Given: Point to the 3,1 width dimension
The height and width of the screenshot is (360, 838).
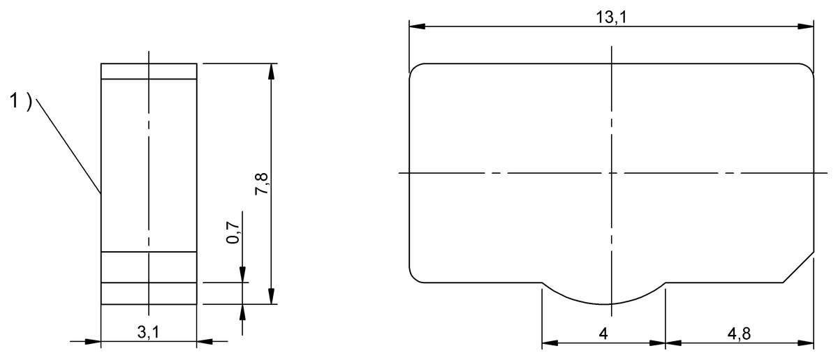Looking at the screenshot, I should coord(148,332).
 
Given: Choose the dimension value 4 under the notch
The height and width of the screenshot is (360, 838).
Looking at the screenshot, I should coord(604,333).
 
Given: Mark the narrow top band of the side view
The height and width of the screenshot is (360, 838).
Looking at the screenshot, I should coord(149,71).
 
